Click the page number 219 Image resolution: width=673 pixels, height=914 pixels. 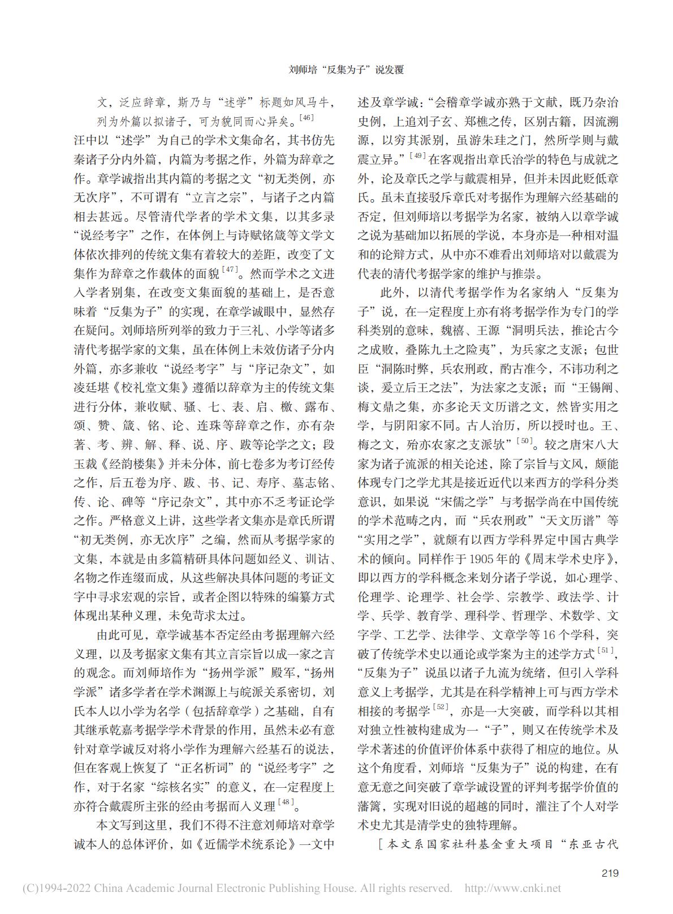click(x=610, y=873)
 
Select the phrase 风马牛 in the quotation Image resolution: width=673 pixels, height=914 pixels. click(x=311, y=103)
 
